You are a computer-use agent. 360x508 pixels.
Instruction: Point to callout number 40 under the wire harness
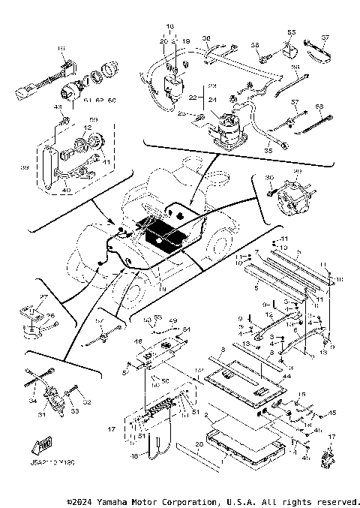(x=67, y=190)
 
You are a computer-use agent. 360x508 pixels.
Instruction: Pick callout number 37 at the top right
(x=326, y=38)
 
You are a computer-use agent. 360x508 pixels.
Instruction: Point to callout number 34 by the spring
(x=33, y=402)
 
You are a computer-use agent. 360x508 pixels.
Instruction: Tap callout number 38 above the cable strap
(x=206, y=39)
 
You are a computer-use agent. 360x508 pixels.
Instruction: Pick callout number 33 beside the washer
(x=75, y=411)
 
